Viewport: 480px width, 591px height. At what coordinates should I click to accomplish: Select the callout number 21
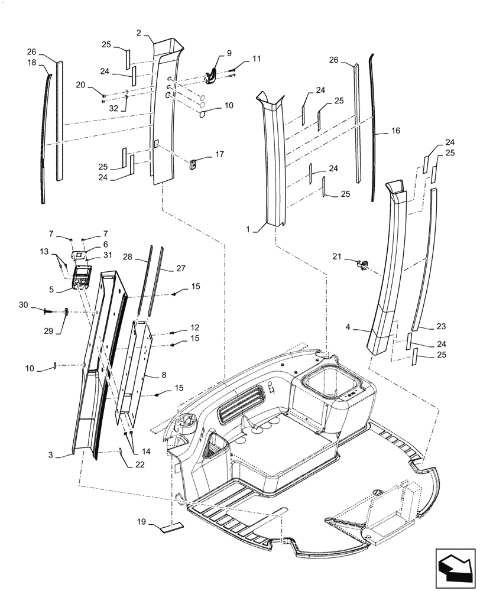tap(337, 256)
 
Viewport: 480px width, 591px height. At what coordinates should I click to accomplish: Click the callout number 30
tap(40, 304)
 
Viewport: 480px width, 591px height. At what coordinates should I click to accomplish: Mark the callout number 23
tap(441, 327)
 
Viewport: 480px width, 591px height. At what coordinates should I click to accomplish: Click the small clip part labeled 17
tap(193, 164)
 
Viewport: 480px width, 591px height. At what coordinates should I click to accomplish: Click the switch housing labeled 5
tap(81, 277)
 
